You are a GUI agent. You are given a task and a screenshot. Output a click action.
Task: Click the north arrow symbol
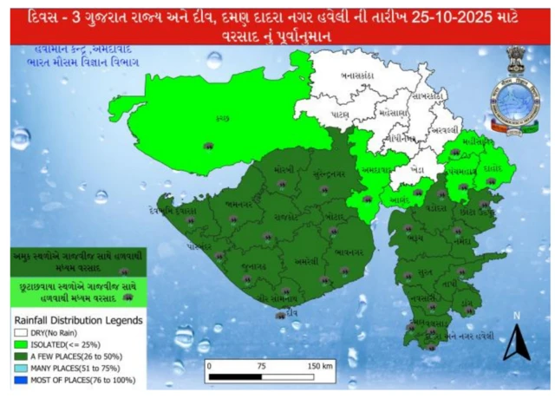[x=515, y=342]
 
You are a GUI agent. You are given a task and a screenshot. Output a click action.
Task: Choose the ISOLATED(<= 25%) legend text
[x=68, y=343]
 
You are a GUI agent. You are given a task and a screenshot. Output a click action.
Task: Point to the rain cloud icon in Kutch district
[x=208, y=146]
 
